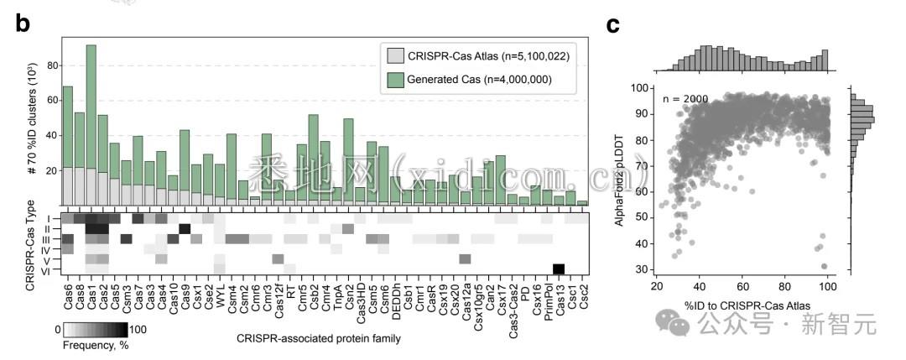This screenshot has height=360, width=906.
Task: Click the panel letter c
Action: coord(613,24)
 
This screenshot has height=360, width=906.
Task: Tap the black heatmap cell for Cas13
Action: coord(559,269)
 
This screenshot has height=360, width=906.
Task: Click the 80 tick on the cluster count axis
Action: coord(52,65)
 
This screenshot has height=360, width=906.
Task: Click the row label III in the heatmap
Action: coord(49,239)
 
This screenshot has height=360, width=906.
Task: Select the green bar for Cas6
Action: coord(67,126)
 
